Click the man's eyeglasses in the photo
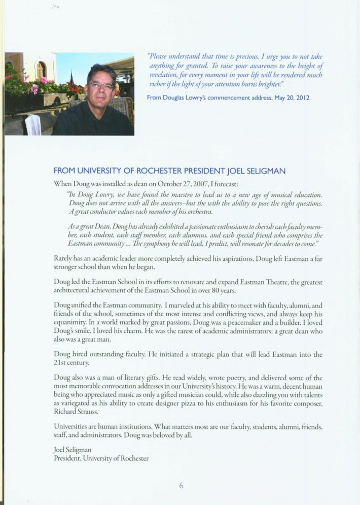(x=100, y=86)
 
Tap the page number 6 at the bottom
(x=181, y=485)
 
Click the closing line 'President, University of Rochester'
(x=101, y=458)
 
